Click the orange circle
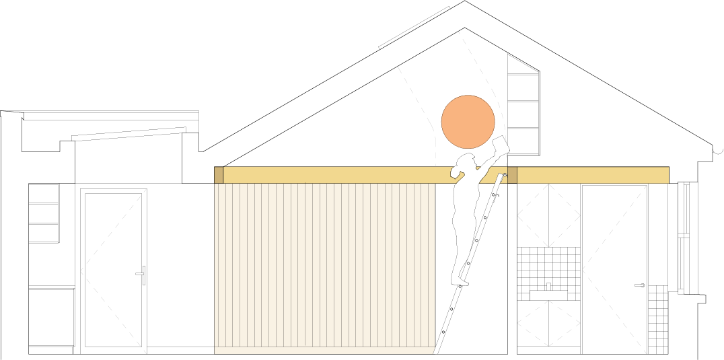pyautogui.click(x=468, y=122)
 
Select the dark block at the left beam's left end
pyautogui.click(x=219, y=175)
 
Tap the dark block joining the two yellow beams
pyautogui.click(x=512, y=175)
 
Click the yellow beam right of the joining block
pyautogui.click(x=592, y=175)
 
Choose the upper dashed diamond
pyautogui.click(x=548, y=215)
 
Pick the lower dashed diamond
pyautogui.click(x=548, y=324)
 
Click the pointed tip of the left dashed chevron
pyautogui.click(x=81, y=271)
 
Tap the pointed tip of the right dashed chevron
pyautogui.click(x=583, y=270)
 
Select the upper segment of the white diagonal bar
pyautogui.click(x=482, y=225)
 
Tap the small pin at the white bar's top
pyautogui.click(x=505, y=175)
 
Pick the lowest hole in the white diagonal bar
pyautogui.click(x=443, y=332)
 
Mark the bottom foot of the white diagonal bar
pyautogui.click(x=436, y=351)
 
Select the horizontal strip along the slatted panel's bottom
pyautogui.click(x=324, y=350)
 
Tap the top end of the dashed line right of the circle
pyautogui.click(x=459, y=32)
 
